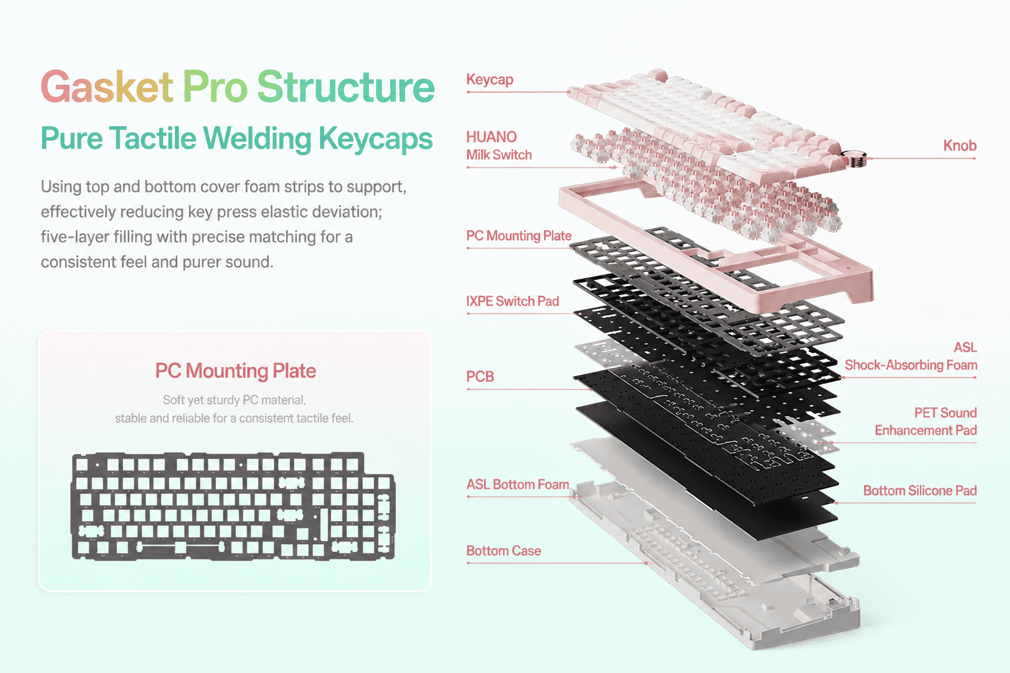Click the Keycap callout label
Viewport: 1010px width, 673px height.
tap(490, 80)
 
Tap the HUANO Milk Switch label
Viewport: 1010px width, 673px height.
tap(499, 146)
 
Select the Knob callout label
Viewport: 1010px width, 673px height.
tap(960, 146)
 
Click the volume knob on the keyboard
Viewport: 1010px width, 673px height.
tap(854, 158)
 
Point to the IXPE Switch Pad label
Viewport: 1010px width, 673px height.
tap(513, 301)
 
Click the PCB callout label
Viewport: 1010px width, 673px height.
tap(480, 377)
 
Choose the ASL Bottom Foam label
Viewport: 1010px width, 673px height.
tap(517, 484)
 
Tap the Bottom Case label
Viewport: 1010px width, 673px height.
tap(504, 551)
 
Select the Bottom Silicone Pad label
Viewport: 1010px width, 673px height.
tap(920, 490)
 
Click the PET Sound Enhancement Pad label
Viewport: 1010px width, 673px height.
tap(926, 421)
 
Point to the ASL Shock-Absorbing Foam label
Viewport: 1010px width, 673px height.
tap(911, 356)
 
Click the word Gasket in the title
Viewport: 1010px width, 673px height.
tap(107, 87)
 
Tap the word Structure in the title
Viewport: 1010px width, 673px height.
tap(346, 87)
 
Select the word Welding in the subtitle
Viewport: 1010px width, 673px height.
tap(257, 139)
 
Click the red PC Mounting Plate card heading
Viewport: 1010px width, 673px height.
tap(235, 371)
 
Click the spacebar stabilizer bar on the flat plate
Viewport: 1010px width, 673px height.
tap(180, 547)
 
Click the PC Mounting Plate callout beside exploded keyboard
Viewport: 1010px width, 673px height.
tap(519, 236)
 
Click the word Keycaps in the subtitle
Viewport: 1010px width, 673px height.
tap(375, 139)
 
